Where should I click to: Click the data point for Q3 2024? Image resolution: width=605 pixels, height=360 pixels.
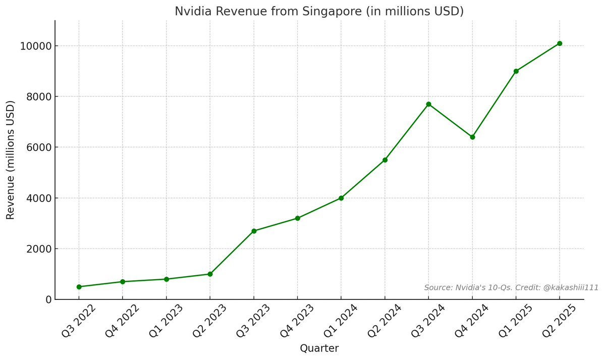point(428,104)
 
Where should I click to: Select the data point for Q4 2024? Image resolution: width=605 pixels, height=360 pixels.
point(472,137)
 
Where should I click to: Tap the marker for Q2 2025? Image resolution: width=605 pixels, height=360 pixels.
point(560,43)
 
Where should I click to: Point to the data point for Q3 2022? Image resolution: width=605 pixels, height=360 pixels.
point(79,287)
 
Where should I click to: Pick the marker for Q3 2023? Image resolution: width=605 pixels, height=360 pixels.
point(254,231)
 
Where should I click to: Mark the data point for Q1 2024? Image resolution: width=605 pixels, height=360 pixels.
point(341,198)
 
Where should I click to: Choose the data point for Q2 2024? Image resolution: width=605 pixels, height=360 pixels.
point(385,160)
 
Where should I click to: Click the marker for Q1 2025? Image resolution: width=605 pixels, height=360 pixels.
point(516,71)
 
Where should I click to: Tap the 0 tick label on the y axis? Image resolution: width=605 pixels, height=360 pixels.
point(48,299)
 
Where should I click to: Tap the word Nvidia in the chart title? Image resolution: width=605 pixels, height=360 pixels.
point(192,11)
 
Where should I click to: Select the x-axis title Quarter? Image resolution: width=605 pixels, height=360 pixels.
point(319,348)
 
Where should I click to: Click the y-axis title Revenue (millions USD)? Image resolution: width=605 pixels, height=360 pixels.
point(10,160)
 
